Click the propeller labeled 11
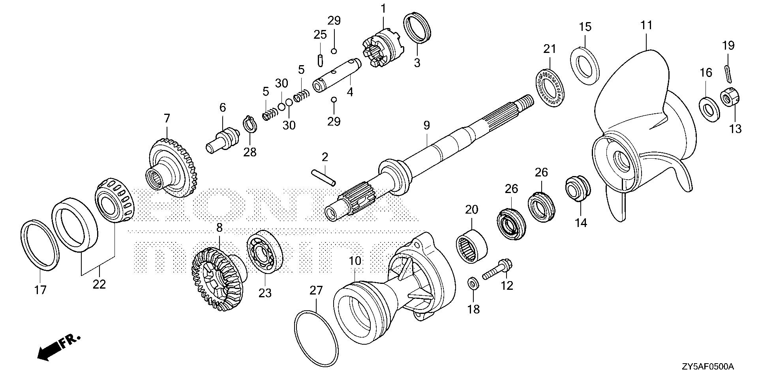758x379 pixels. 644,130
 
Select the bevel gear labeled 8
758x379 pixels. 217,278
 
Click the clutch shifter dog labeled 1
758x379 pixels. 381,49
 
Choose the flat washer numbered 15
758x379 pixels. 585,66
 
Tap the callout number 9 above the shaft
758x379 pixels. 426,126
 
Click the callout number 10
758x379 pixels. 355,261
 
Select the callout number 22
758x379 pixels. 99,283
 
